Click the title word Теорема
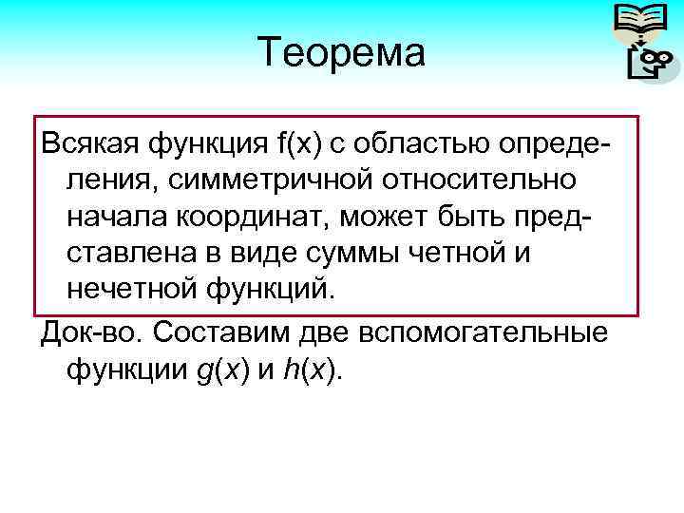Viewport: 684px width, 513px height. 341,52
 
